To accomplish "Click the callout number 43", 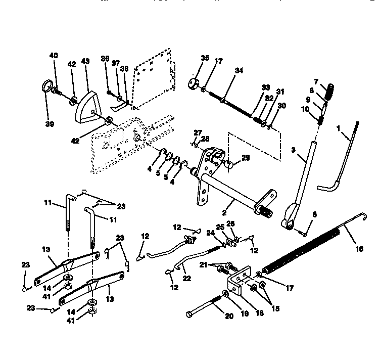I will (85, 61).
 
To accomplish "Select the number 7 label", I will (316, 81).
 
